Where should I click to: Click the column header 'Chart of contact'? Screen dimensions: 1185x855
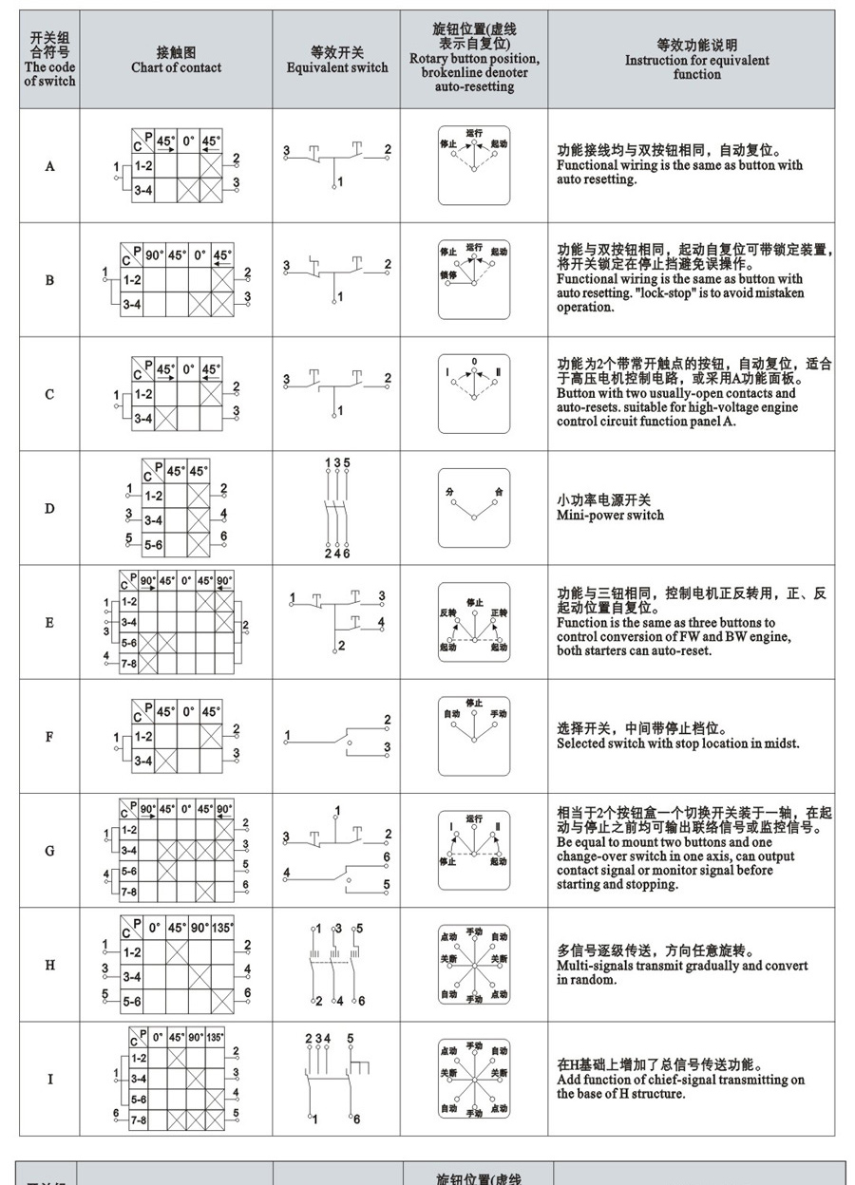point(176,67)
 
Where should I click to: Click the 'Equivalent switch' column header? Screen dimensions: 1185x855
point(337,67)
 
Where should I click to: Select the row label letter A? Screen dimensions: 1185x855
point(50,166)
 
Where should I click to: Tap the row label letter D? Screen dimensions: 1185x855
point(50,508)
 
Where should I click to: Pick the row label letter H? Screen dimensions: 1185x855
point(50,965)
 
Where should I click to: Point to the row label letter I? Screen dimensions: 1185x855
point(50,1079)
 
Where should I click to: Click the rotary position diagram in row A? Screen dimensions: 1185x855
point(474,165)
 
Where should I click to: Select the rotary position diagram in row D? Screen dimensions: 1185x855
point(474,508)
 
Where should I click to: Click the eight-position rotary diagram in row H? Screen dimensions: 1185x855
point(474,965)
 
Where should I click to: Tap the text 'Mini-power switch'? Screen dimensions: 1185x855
point(610,516)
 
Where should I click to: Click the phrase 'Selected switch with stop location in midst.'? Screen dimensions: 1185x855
point(677,743)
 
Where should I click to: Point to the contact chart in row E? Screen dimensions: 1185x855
point(176,623)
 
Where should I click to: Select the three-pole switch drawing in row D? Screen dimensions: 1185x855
point(337,508)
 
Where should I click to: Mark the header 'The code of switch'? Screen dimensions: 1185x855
point(50,74)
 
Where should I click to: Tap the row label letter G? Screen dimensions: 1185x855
point(50,851)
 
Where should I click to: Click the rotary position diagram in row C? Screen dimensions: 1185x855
point(474,394)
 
